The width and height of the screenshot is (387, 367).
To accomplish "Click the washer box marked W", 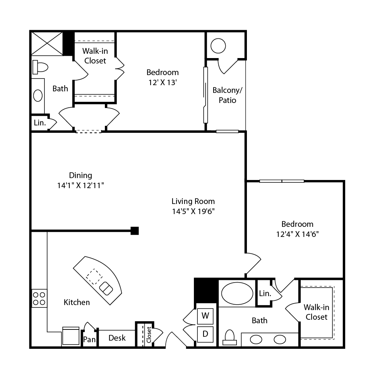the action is tap(205, 316).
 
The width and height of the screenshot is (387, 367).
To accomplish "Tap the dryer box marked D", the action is tap(205, 334).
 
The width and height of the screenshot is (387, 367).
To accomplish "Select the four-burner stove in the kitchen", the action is tap(39, 298).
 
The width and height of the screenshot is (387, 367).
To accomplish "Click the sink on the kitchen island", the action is tap(106, 288).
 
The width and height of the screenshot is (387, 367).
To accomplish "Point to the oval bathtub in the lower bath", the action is tap(237, 293).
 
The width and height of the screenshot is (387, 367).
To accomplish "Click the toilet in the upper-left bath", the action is tap(40, 67).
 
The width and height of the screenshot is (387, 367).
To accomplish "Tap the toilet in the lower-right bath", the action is tap(230, 337).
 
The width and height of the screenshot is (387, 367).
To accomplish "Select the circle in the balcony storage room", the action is tap(218, 46).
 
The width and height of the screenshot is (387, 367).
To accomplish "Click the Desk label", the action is tap(117, 338).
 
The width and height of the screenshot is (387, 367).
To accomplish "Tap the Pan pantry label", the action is tap(89, 340).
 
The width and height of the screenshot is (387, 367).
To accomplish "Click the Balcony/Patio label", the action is tap(227, 95).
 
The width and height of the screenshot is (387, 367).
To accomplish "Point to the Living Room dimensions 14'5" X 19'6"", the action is tap(193, 211).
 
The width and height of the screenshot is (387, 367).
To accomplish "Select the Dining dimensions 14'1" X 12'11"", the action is tap(80, 185).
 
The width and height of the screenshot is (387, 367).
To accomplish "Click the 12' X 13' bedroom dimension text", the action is tap(163, 82).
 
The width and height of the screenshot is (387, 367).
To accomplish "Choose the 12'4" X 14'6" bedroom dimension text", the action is tap(297, 234).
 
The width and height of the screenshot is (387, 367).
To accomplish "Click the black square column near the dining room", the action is tap(135, 231).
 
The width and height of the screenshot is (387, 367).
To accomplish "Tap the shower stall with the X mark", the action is tap(47, 44).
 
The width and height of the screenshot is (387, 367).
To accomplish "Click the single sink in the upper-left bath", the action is tap(38, 96).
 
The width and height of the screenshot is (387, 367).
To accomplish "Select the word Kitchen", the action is tap(77, 302).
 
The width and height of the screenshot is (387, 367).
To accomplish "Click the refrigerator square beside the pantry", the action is tap(71, 336).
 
